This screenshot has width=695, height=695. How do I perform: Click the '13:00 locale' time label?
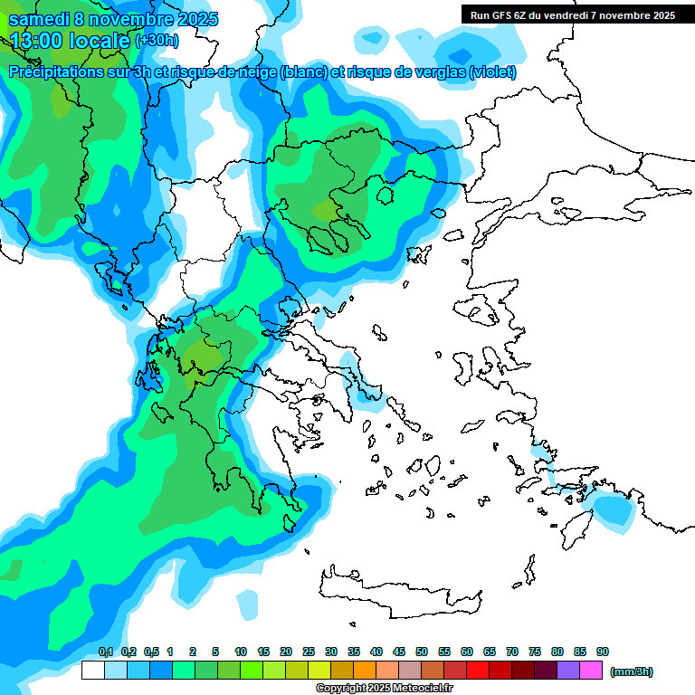pos(70,40)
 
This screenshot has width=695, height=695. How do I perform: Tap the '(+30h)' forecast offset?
pos(157,41)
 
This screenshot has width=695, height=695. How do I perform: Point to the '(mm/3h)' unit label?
pos(631,671)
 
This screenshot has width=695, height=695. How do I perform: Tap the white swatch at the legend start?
pos(92,671)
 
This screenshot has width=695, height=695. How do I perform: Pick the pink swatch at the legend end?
pos(592,671)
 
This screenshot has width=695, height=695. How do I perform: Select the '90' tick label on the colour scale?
pos(603,652)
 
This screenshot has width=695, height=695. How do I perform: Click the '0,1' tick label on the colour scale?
pos(105,652)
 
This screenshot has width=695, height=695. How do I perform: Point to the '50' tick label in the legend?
pos(422,652)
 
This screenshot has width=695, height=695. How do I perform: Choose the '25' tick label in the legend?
pos(309,652)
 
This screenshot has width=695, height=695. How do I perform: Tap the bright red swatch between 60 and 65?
pos(478,671)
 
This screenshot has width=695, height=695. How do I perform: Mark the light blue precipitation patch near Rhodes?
pos(615,512)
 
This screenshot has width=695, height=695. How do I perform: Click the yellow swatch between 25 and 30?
pos(319,671)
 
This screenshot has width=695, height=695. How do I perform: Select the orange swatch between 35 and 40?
pos(365,671)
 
